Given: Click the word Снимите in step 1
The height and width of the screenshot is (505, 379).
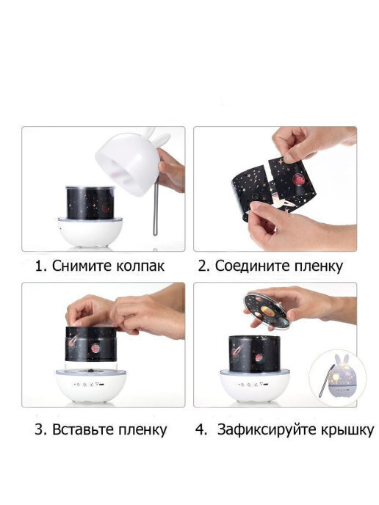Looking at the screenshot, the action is click(x=82, y=266).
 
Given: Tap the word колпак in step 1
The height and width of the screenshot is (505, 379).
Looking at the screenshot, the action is click(x=140, y=266).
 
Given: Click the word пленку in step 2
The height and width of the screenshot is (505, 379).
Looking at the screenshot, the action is click(x=318, y=267).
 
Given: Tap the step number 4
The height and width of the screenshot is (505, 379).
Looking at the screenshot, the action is click(x=201, y=429).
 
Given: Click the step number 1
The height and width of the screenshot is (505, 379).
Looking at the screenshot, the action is click(x=40, y=266).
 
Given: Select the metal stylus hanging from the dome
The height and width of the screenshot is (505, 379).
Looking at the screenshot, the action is click(x=155, y=208).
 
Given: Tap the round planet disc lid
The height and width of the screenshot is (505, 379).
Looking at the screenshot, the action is click(x=267, y=311).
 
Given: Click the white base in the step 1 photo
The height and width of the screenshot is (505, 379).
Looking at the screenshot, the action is click(x=90, y=231).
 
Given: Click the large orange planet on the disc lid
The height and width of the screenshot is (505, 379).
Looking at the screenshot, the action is click(x=268, y=311).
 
